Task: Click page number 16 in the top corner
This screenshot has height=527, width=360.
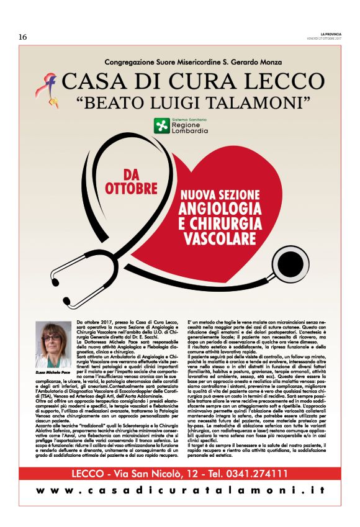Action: (22, 37)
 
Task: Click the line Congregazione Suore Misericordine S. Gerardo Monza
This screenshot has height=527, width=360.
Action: (180, 62)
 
